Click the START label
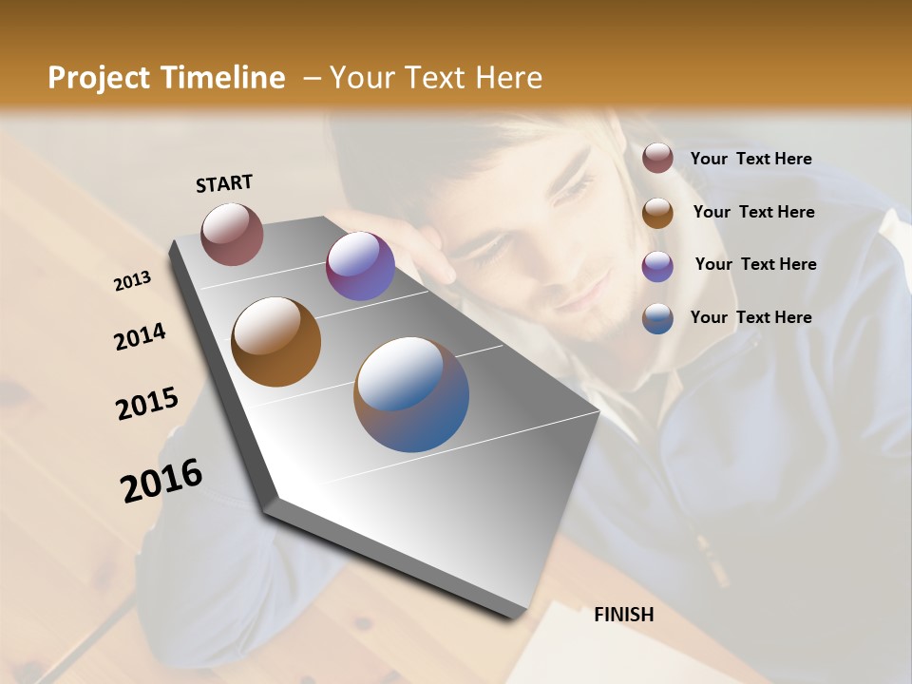coord(224,183)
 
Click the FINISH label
coord(623,615)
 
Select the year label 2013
coord(133,281)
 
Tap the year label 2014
coord(141,336)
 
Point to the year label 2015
coord(147,404)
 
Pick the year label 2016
coord(161,481)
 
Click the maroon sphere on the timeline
coord(232,234)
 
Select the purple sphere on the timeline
coord(360,266)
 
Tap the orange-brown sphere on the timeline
coord(276,341)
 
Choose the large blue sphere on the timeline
coord(411,394)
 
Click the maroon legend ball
coord(657,159)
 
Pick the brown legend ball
coord(657,212)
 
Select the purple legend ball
coord(657,265)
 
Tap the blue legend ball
coord(657,317)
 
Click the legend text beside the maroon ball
coord(750,159)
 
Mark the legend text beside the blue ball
coord(750,317)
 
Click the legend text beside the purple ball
coord(755,264)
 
